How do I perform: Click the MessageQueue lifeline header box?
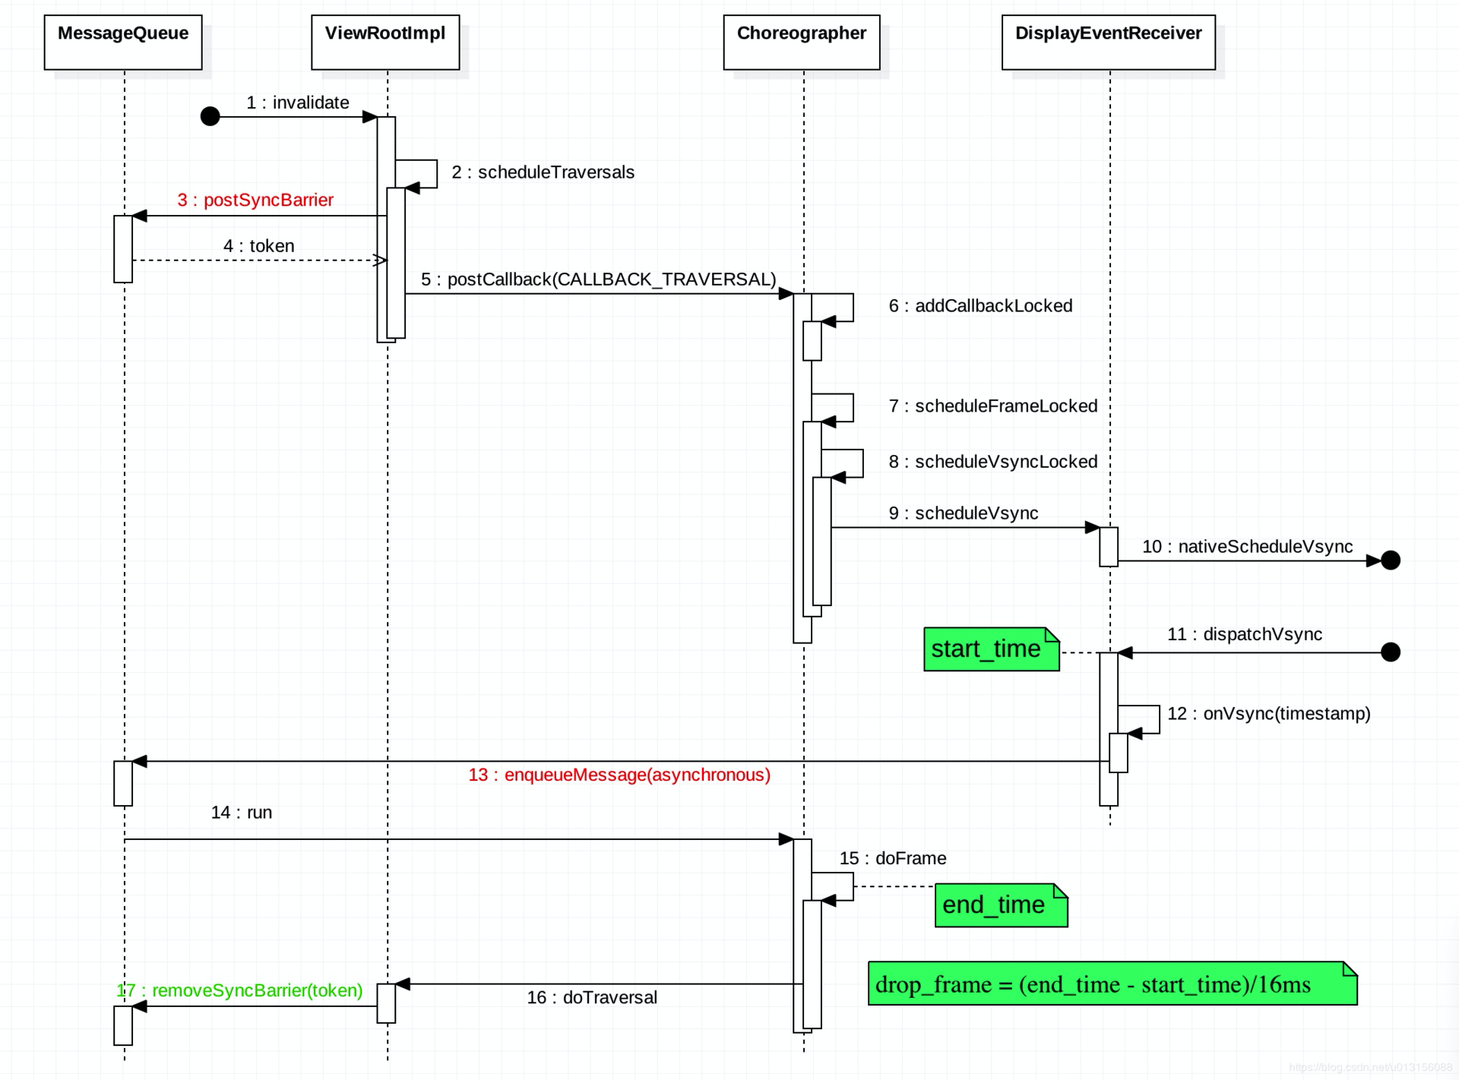pos(123,43)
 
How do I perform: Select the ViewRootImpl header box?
pos(385,43)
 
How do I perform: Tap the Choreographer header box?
pos(802,43)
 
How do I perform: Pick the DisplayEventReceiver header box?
pos(1109,43)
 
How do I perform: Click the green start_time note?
pos(992,649)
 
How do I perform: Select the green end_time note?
pos(1002,905)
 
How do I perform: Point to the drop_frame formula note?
pos(1112,984)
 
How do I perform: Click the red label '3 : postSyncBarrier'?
pos(255,200)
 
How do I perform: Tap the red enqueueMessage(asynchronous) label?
pos(619,775)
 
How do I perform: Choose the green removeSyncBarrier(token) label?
pos(239,990)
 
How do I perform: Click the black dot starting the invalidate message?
pos(210,116)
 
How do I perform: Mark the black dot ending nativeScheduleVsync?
pos(1391,561)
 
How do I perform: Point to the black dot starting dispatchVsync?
pos(1391,652)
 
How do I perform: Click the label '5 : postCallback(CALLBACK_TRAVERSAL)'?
pos(599,279)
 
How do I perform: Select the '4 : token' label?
pos(259,246)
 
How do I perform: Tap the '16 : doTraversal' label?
pos(592,997)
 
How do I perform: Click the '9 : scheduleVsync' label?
pos(964,513)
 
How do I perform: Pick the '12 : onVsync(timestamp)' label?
pos(1269,714)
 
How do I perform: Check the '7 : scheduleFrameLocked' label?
pos(993,406)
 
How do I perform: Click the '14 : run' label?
pos(242,813)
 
